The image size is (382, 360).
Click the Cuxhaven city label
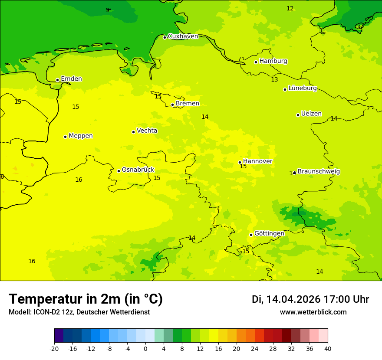click(183, 36)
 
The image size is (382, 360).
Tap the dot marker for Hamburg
click(256, 62)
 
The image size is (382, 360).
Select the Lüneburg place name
click(302, 88)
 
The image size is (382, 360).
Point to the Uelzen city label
click(311, 114)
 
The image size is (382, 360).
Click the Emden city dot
click(57, 80)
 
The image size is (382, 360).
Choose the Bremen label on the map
click(187, 103)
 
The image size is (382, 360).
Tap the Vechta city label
click(147, 131)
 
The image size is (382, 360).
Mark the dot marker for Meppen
click(65, 137)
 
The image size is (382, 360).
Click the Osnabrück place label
click(138, 170)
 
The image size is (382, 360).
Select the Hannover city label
click(257, 161)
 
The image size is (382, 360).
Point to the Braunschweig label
click(319, 171)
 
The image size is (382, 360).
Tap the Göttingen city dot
click(251, 235)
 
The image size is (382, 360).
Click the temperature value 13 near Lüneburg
click(274, 79)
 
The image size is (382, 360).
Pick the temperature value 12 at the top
click(290, 8)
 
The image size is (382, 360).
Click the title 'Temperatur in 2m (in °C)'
click(86, 299)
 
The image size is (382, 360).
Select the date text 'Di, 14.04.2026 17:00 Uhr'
click(310, 299)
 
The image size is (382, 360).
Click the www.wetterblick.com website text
click(313, 312)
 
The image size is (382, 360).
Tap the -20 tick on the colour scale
click(54, 349)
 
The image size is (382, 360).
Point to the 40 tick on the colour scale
click(328, 349)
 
